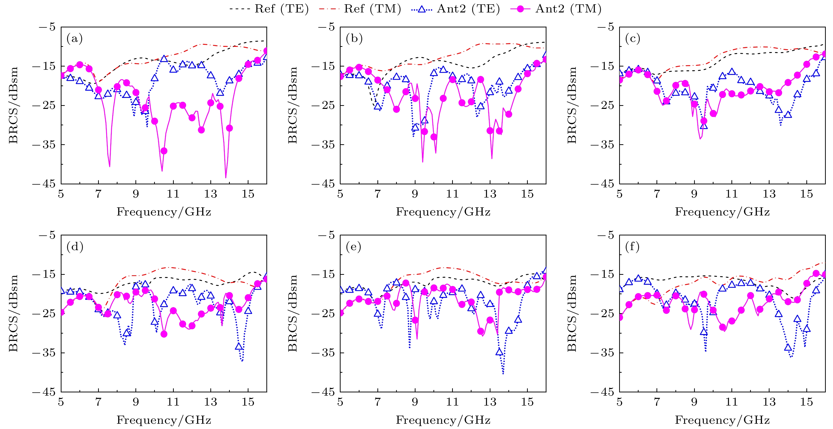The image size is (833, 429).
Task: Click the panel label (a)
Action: pos(74,39)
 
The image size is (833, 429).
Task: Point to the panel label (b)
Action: pos(354,39)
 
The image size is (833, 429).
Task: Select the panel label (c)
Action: pos(633,39)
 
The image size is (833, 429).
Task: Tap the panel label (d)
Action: pos(75,247)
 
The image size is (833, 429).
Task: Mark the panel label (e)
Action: pos(354,247)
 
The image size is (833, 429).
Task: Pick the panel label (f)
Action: pos(633,247)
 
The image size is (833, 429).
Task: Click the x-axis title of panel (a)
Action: pos(164,212)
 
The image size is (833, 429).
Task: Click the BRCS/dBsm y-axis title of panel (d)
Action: pos(13,313)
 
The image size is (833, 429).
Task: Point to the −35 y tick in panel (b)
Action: pos(323,144)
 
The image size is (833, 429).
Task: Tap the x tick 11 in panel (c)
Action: pos(731,194)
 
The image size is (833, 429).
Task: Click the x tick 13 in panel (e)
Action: pos(490,402)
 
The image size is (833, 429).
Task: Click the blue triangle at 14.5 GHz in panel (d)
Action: pos(239,347)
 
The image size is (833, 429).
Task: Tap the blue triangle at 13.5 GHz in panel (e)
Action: pos(499,352)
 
